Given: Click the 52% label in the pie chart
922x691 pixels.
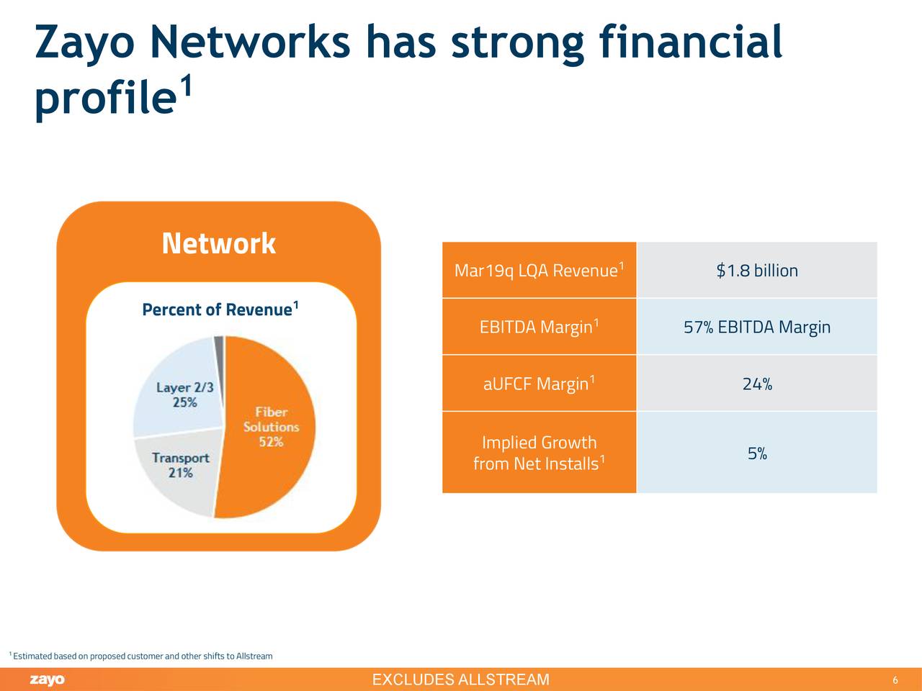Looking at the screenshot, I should point(271,442).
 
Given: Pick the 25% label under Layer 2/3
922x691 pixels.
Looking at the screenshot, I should point(185,402).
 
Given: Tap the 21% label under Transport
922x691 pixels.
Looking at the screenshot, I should point(180,473).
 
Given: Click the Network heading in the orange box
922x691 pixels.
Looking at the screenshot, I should point(218,243).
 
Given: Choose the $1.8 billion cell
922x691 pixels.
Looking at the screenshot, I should point(756,271).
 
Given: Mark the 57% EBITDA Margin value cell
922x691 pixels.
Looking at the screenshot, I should point(756,328).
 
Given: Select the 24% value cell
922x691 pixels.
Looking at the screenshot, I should point(756,384).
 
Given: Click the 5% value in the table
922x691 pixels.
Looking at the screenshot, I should point(756,453).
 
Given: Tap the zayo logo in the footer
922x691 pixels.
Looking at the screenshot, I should point(48,680).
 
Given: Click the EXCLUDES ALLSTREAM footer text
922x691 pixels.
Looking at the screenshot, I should point(460,680).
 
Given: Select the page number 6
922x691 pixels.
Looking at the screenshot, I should point(895,681).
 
